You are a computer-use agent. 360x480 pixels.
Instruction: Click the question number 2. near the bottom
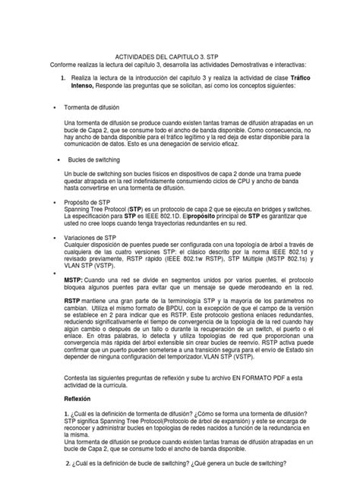(68, 464)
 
